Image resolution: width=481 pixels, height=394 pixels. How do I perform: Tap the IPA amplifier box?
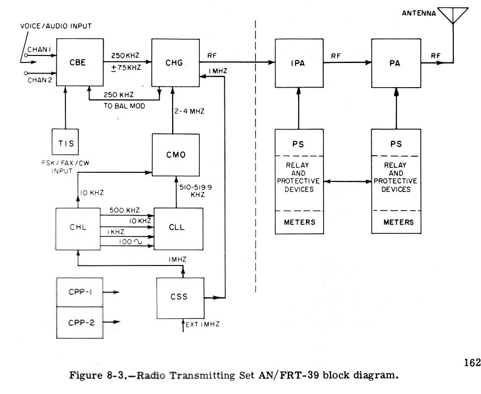[298, 63]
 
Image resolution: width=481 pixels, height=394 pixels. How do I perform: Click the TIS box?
[66, 143]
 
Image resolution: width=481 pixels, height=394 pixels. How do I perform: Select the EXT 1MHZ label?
[202, 324]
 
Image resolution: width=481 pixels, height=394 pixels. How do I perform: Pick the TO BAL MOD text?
[118, 107]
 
